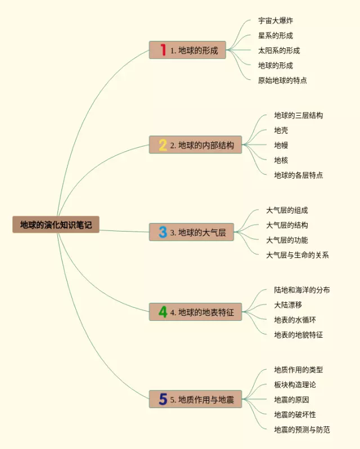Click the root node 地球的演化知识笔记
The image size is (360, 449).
(x=56, y=225)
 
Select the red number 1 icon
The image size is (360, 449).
(x=163, y=50)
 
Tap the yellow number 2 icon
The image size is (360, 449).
(x=163, y=145)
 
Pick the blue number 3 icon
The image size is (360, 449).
(x=163, y=232)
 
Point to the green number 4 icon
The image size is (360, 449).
(x=163, y=312)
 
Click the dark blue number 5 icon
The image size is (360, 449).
(x=163, y=399)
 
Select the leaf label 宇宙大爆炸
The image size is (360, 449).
(x=276, y=21)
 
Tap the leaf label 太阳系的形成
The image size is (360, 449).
(x=279, y=51)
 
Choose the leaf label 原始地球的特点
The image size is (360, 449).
(x=282, y=80)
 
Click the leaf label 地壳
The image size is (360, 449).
(x=281, y=130)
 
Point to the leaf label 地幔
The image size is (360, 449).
(x=281, y=145)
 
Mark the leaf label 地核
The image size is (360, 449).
(x=281, y=160)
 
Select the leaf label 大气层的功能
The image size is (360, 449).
(x=287, y=240)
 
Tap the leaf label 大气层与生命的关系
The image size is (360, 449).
(x=297, y=255)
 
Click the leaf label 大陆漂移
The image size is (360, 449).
(x=288, y=305)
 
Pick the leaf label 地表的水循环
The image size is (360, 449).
(x=295, y=320)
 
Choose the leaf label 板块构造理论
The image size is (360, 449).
(x=295, y=384)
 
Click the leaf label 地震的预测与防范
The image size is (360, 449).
(x=302, y=429)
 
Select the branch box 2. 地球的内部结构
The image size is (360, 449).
(x=196, y=144)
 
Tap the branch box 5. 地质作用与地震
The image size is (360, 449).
(x=196, y=399)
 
